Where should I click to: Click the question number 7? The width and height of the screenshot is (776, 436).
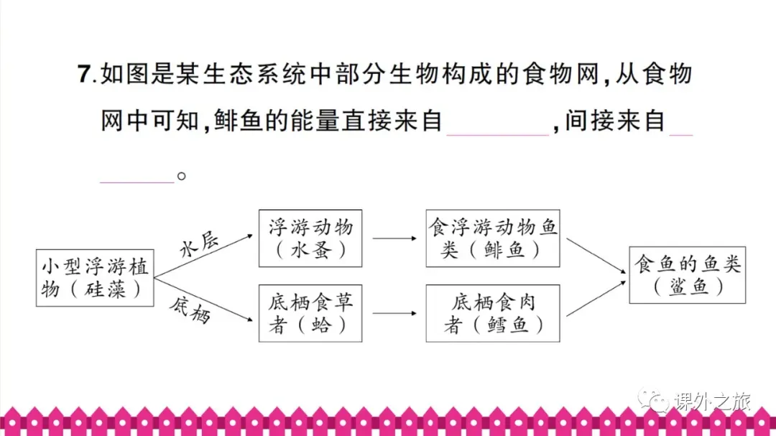click(85, 74)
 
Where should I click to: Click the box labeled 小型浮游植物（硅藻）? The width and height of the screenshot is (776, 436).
click(94, 277)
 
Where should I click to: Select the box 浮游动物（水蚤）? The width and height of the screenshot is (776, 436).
click(310, 238)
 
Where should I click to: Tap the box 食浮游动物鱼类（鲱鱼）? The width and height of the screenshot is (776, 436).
click(493, 238)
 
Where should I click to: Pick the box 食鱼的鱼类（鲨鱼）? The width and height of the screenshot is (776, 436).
click(688, 276)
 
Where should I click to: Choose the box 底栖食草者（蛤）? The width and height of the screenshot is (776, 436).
click(310, 313)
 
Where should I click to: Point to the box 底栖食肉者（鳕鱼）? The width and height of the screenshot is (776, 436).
click(493, 313)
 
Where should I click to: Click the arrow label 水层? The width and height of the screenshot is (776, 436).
click(198, 243)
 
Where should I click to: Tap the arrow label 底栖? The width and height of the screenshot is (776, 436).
click(190, 308)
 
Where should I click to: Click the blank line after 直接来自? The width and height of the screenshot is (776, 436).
click(498, 129)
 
